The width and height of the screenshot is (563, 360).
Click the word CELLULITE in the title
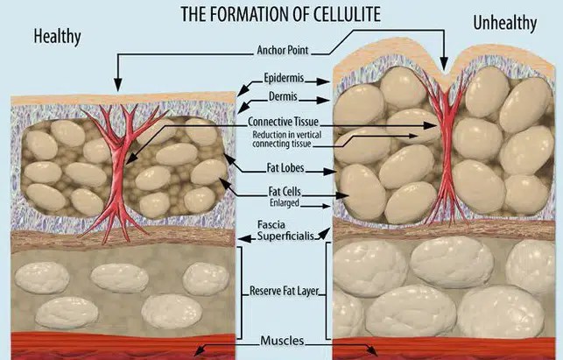pyautogui.click(x=347, y=14)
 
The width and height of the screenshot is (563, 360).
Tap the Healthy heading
pyautogui.click(x=58, y=37)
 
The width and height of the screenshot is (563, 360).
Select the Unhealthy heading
pyautogui.click(x=505, y=24)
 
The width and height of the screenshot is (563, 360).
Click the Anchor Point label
pyautogui.click(x=283, y=50)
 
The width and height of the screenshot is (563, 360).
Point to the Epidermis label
pyautogui.click(x=284, y=78)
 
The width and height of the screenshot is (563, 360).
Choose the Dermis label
pyautogui.click(x=283, y=96)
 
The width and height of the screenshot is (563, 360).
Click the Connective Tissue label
pyautogui.click(x=284, y=122)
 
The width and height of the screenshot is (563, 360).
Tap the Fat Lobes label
pyautogui.click(x=285, y=168)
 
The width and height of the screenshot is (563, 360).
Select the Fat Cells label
pyautogui.click(x=285, y=191)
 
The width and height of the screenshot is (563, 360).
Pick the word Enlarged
pyautogui.click(x=285, y=202)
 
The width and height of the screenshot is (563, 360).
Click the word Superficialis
pyautogui.click(x=285, y=236)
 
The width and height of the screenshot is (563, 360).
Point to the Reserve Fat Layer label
pyautogui.click(x=284, y=291)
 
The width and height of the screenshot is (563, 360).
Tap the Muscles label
pyautogui.click(x=282, y=341)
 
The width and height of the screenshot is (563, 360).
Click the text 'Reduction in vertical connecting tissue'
pyautogui.click(x=286, y=139)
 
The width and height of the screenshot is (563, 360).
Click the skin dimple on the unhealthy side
pyautogui.click(x=445, y=75)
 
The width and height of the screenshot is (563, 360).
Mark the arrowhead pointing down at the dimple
pyautogui.click(x=444, y=65)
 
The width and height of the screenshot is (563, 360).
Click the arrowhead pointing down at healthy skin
pyautogui.click(x=117, y=85)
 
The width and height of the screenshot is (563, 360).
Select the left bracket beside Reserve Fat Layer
pyautogui.click(x=240, y=293)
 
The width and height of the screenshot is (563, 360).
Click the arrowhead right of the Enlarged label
pyautogui.click(x=327, y=206)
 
